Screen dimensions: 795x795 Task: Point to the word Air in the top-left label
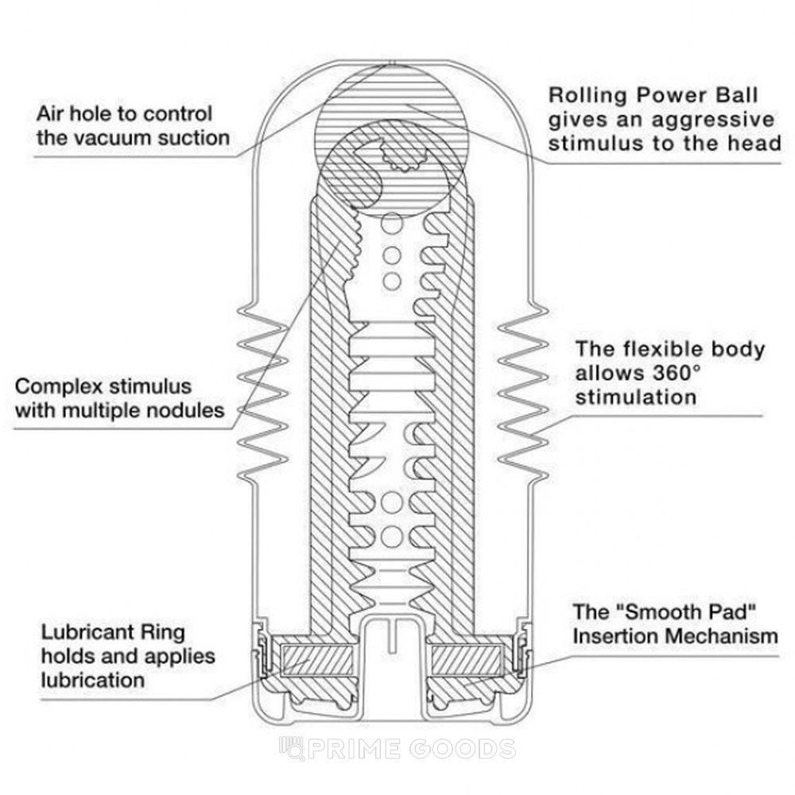point(52,113)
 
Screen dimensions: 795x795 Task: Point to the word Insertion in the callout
point(615,636)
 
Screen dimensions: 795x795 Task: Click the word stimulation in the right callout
point(636,397)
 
